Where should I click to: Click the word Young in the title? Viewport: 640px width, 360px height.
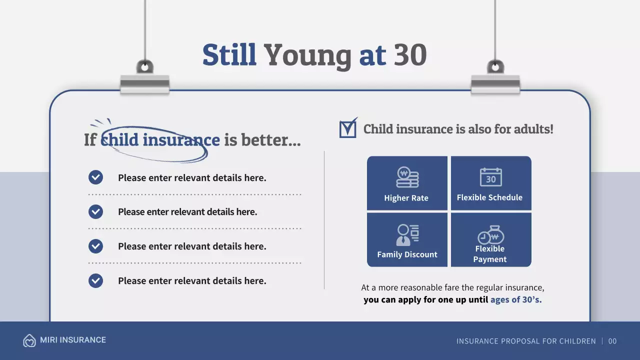(307, 55)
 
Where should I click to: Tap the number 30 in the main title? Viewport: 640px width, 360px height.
(410, 55)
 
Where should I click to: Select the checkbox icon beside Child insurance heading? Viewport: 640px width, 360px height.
(348, 128)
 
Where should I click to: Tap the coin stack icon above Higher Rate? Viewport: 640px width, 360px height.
(407, 177)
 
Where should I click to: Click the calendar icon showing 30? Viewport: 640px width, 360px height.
(490, 177)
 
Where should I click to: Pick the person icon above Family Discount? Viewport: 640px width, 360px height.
(407, 234)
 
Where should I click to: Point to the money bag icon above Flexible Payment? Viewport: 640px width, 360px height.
(490, 234)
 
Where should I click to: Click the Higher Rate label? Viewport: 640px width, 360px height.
(406, 198)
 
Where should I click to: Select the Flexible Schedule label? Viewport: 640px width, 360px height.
(489, 197)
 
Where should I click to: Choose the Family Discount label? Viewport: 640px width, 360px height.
(407, 254)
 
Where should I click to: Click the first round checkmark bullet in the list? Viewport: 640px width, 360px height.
(95, 177)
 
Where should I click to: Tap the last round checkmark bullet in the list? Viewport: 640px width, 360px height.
(95, 280)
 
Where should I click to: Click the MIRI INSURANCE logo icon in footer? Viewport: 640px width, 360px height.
(29, 340)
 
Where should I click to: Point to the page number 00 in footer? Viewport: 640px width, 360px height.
(612, 341)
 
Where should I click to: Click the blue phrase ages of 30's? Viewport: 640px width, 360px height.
(516, 300)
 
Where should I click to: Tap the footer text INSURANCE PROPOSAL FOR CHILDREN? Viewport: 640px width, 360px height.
(526, 341)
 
